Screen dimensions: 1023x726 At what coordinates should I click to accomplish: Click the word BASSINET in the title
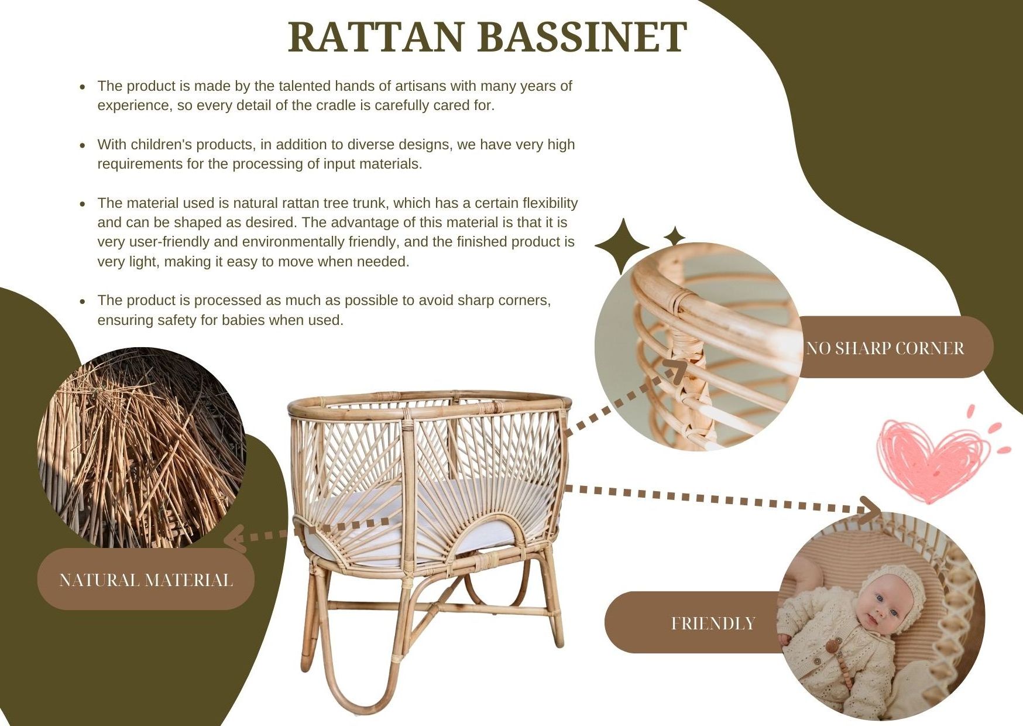point(582,37)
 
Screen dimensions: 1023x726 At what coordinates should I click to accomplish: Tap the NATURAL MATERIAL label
point(146,580)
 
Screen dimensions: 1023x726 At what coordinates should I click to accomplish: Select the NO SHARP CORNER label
point(885,348)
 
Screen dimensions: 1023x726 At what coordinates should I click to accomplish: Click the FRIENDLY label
point(713,623)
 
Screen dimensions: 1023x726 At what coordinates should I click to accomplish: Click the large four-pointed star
point(623,246)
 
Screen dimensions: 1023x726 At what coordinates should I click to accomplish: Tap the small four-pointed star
point(674,237)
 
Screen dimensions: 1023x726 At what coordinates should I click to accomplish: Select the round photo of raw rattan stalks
point(142,448)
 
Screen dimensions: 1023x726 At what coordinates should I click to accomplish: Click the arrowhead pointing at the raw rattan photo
point(235,537)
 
